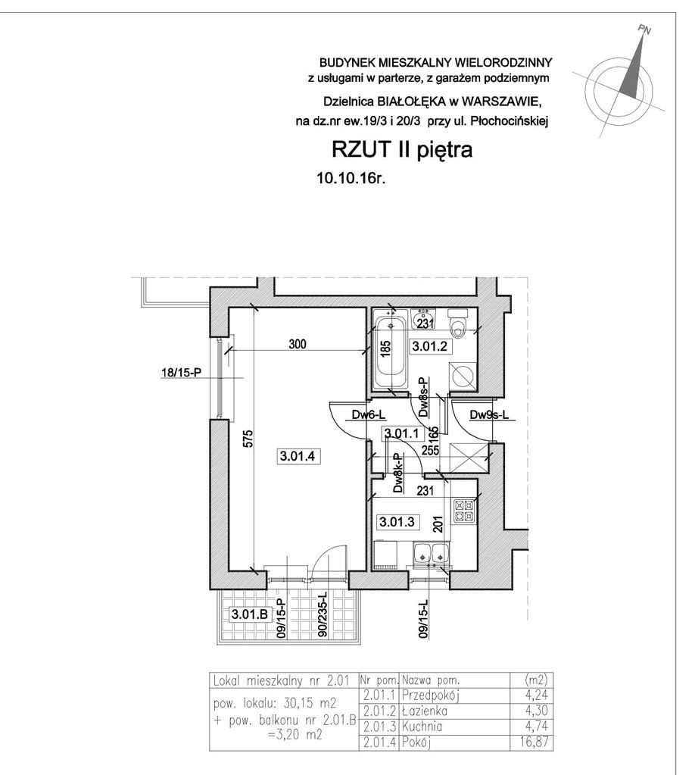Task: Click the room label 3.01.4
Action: point(297,456)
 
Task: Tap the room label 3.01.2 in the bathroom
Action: point(429,346)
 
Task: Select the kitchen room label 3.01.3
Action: point(397,521)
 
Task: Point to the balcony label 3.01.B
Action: point(250,614)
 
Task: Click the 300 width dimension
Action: point(298,343)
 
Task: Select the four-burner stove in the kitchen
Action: point(464,511)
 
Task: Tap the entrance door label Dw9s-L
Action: point(489,415)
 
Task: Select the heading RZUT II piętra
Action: point(401,149)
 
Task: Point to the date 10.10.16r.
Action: point(351,179)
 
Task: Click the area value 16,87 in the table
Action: point(535,742)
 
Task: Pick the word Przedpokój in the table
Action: point(431,695)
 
